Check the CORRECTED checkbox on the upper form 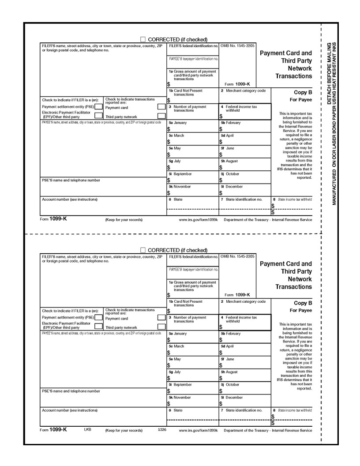click(x=142, y=40)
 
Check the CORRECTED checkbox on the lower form click(x=142, y=250)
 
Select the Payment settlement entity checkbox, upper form click(x=99, y=107)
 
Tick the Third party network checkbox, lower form click(x=161, y=327)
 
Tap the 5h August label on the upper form click(x=229, y=161)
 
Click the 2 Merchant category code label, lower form click(x=243, y=301)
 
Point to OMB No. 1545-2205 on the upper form click(x=237, y=46)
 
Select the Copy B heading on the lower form click(x=303, y=303)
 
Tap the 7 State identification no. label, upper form click(x=241, y=199)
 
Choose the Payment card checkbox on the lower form click(x=161, y=317)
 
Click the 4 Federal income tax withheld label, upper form click(x=239, y=108)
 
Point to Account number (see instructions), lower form click(x=70, y=410)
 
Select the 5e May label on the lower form click(x=175, y=359)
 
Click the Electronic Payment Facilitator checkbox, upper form click(x=99, y=116)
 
